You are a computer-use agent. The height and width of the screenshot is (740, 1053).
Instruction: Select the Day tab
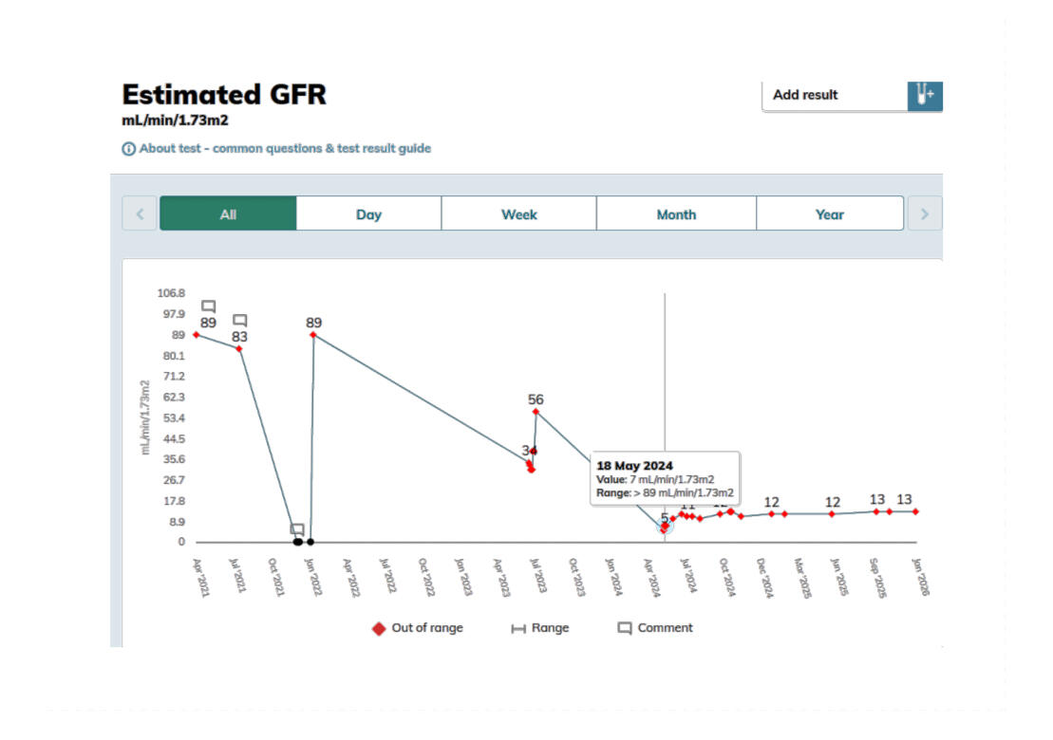tap(368, 214)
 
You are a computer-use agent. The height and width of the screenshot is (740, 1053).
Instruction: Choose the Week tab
tap(518, 214)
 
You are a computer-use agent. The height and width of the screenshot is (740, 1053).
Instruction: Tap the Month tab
tap(676, 214)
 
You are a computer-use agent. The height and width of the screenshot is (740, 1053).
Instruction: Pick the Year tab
tap(829, 214)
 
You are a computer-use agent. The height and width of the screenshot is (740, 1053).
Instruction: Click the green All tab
tap(228, 214)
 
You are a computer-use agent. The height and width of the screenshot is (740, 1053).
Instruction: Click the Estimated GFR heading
tap(224, 95)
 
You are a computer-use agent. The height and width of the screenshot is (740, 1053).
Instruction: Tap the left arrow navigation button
tap(140, 214)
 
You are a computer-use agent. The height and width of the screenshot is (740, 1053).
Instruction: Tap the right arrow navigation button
tap(925, 214)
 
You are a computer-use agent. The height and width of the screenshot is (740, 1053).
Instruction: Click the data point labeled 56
tap(536, 412)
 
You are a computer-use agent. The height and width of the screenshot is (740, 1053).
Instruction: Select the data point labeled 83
tap(239, 349)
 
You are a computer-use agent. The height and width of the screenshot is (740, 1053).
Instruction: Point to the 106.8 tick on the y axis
tap(172, 293)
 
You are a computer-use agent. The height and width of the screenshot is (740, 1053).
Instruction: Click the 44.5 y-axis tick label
tap(172, 439)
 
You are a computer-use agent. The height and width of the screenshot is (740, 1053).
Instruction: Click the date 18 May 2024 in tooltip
tap(634, 466)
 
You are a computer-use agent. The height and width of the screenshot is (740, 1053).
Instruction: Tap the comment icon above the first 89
tap(209, 306)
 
